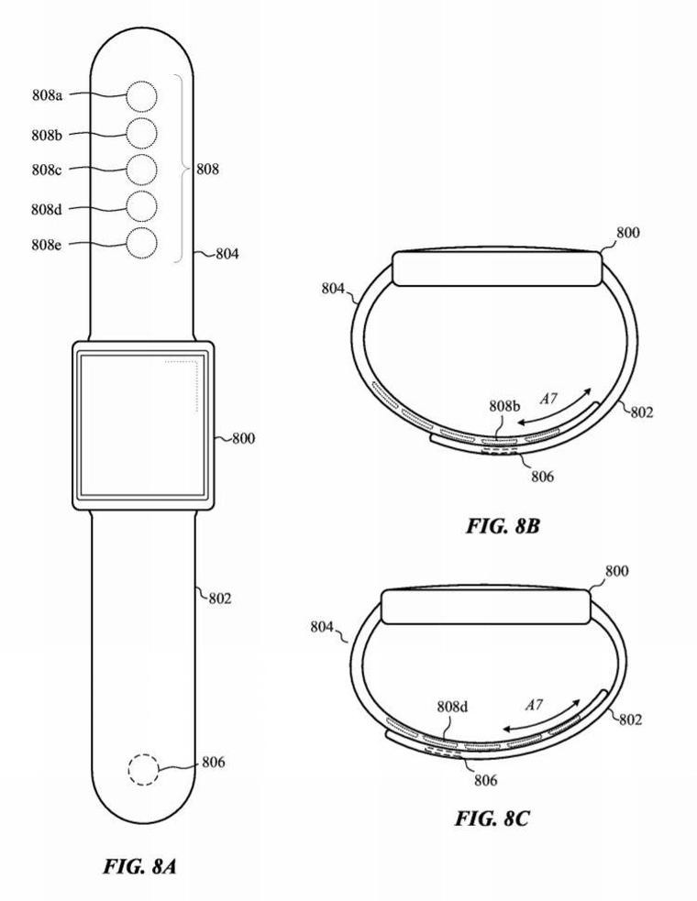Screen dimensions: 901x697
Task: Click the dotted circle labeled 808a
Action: click(x=141, y=95)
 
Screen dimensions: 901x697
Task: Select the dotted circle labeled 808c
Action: click(x=141, y=170)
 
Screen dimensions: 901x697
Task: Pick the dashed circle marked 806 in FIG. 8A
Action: click(x=142, y=768)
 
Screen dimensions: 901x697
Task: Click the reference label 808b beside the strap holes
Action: click(x=47, y=135)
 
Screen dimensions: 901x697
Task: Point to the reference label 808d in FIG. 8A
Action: click(x=47, y=209)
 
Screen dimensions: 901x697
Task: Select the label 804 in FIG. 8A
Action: click(x=227, y=255)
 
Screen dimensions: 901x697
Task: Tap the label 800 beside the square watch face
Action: click(x=243, y=438)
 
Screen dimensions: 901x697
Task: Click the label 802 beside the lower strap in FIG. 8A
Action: click(x=219, y=599)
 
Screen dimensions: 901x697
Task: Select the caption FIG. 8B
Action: click(x=496, y=526)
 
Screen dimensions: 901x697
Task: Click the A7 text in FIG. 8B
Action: click(x=549, y=400)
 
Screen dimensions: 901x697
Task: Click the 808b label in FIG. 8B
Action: click(x=505, y=404)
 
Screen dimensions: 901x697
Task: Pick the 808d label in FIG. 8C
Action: click(x=453, y=707)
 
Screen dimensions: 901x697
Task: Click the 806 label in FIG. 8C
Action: click(x=485, y=780)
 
